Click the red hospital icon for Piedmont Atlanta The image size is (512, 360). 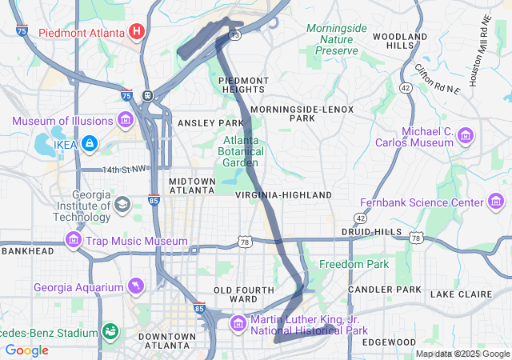(x=137, y=32)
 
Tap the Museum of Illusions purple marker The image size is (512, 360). (x=125, y=121)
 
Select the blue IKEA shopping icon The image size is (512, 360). (x=90, y=143)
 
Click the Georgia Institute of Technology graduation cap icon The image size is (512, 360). (x=122, y=203)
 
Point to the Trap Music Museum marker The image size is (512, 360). (x=74, y=240)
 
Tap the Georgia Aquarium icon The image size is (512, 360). (x=136, y=286)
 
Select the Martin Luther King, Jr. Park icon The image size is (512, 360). (x=238, y=323)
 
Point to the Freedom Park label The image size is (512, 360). (x=354, y=264)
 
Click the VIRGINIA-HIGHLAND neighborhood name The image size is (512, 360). (x=283, y=195)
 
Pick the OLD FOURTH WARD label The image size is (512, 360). (x=235, y=294)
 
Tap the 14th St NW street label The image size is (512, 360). (x=125, y=170)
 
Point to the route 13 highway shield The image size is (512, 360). (x=234, y=35)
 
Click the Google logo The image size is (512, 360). (x=27, y=350)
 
